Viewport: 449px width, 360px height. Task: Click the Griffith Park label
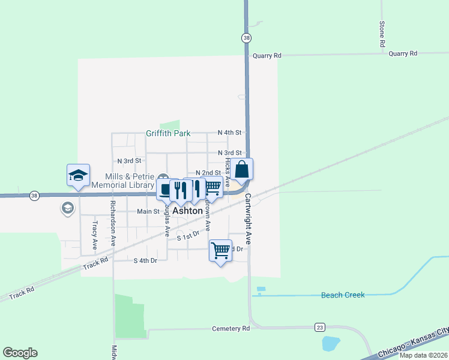click(167, 133)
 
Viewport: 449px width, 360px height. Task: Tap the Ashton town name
click(187, 211)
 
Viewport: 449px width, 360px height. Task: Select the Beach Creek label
click(343, 295)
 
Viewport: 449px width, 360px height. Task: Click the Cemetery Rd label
click(231, 329)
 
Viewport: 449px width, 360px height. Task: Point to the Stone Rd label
click(382, 34)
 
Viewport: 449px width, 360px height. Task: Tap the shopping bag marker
click(242, 170)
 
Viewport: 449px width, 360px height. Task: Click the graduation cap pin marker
click(78, 175)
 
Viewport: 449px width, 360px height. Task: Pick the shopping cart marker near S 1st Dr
click(220, 250)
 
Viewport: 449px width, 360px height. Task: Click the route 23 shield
click(320, 327)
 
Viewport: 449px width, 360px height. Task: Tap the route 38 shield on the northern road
click(247, 38)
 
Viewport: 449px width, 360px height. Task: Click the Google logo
click(20, 353)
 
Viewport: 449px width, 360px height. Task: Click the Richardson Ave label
click(113, 223)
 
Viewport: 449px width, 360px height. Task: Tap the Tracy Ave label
click(95, 235)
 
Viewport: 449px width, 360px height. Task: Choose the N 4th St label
click(229, 132)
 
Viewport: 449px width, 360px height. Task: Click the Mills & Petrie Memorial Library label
click(130, 181)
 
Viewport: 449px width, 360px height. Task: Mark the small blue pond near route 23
click(331, 344)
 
